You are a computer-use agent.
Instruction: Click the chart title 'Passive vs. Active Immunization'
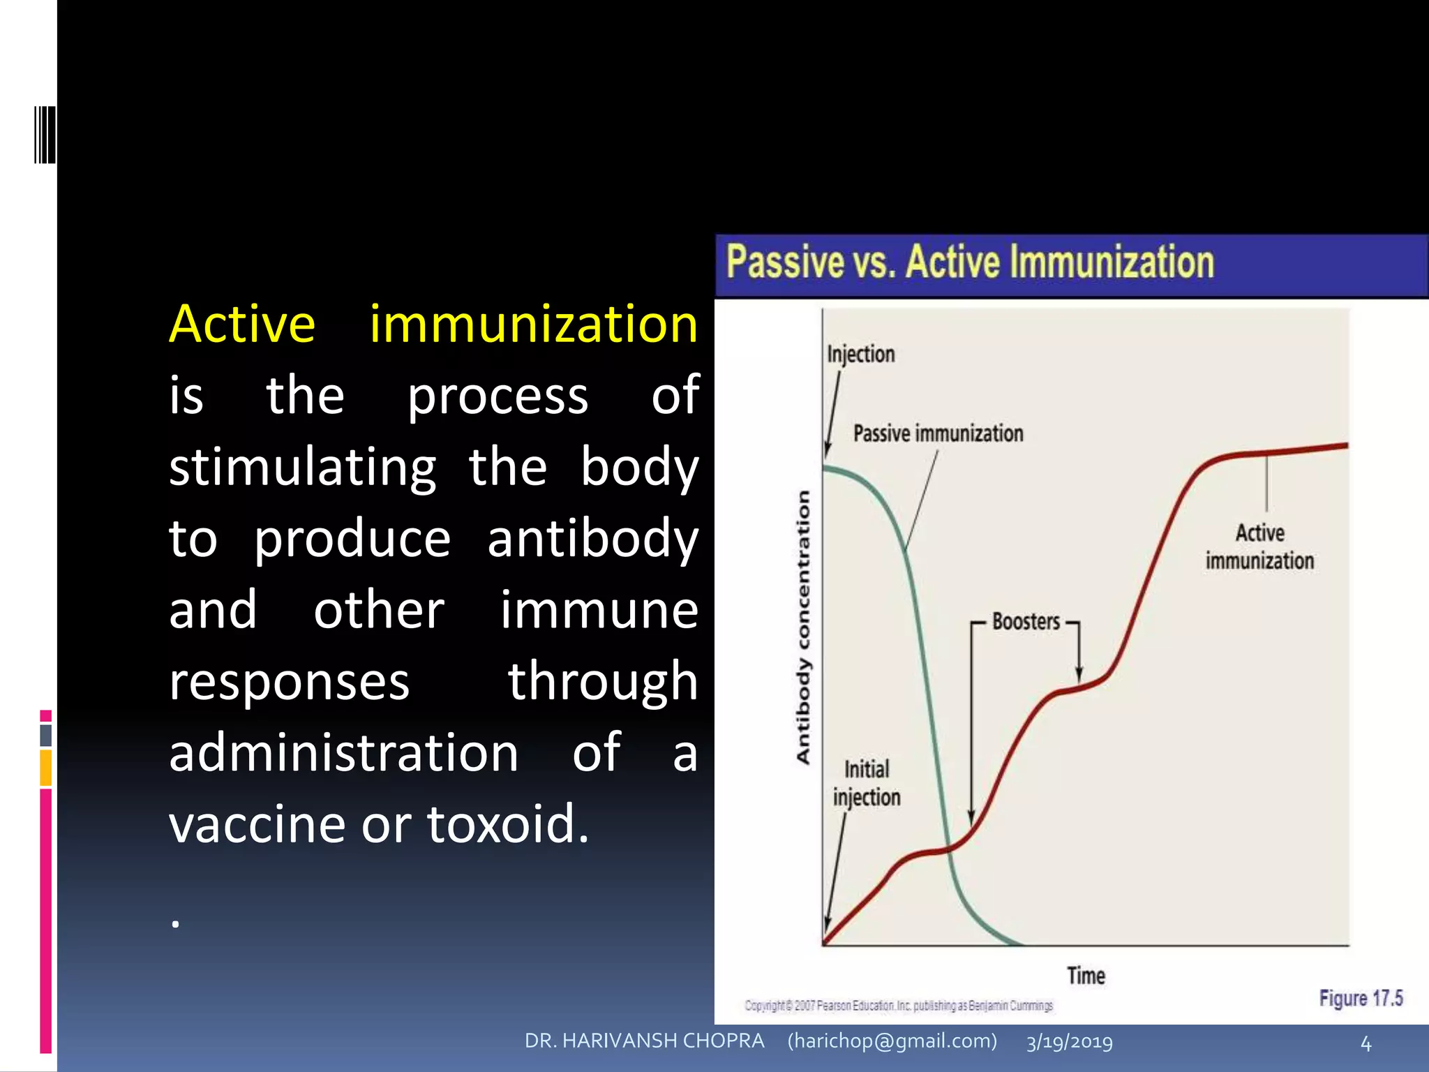coord(970,262)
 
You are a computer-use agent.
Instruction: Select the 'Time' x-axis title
coord(1086,976)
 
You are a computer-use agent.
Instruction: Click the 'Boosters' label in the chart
coord(1026,621)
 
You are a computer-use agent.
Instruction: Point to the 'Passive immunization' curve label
coord(938,433)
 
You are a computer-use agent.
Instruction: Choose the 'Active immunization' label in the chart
coord(1259,546)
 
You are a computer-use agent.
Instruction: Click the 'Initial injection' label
coord(867,783)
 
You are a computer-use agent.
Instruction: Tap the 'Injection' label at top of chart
coord(860,354)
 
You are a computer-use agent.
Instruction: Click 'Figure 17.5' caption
coord(1361,999)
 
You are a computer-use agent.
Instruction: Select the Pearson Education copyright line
coord(899,1006)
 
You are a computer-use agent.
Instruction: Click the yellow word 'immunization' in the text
coord(534,325)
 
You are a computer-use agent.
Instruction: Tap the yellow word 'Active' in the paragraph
coord(242,325)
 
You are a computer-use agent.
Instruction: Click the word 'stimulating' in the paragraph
coord(303,467)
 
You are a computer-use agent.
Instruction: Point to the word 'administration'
coord(343,753)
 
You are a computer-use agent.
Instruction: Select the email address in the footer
coord(892,1041)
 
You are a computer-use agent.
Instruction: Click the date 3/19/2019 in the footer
coord(1069,1042)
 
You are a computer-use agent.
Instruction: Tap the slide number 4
coord(1366,1044)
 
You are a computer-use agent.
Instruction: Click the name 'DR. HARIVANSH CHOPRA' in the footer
coord(644,1041)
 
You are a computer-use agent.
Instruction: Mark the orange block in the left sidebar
coord(46,768)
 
